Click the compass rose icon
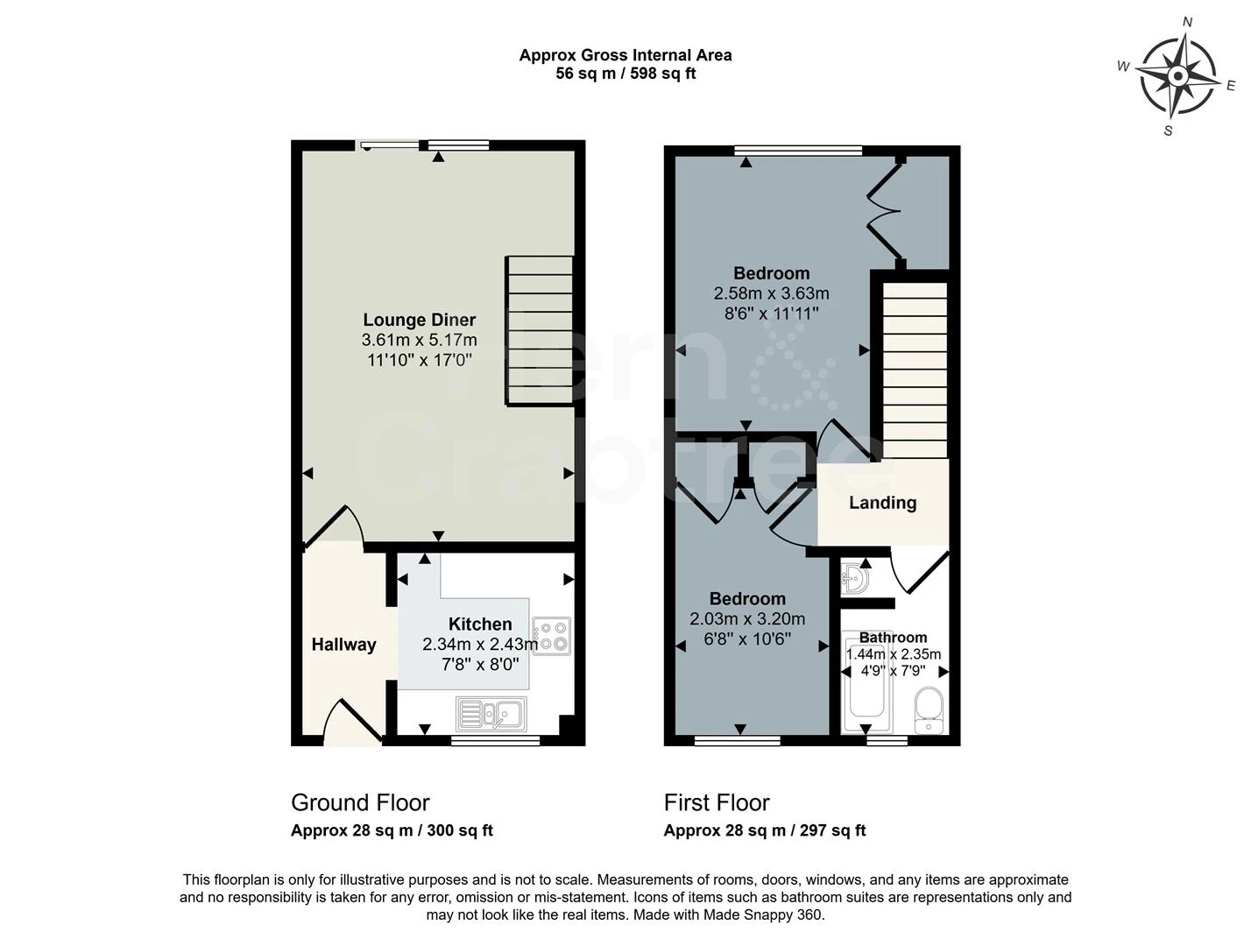(1178, 76)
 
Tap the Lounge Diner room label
(419, 320)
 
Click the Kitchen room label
(479, 624)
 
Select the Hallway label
(343, 645)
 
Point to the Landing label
(882, 503)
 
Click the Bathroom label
(893, 638)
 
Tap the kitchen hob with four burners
(552, 636)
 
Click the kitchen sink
(491, 714)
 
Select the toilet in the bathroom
(928, 709)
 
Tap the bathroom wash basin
(854, 579)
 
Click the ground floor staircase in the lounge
(540, 330)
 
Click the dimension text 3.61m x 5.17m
(419, 340)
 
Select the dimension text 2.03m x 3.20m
(746, 619)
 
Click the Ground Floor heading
(360, 802)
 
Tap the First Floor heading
(717, 802)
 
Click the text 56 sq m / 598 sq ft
(625, 74)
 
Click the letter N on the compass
(1188, 23)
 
